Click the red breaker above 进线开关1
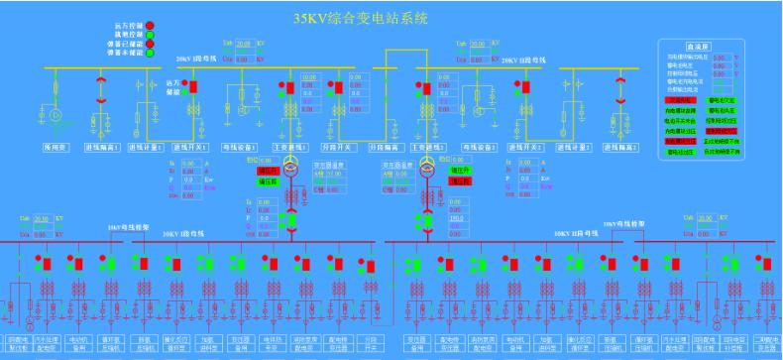coord(195,86)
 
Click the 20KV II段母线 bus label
coord(523,61)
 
